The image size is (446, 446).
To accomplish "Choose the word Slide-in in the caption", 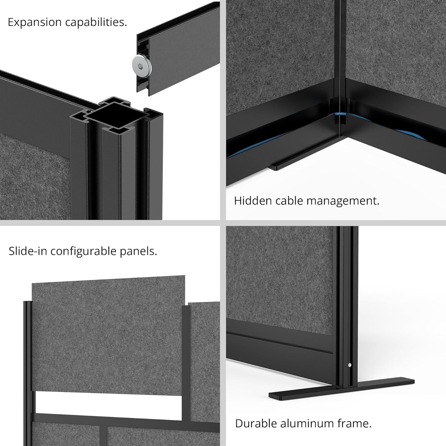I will click(x=28, y=251).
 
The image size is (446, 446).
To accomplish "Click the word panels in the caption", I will click(x=142, y=251).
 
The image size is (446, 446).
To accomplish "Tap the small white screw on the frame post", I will click(x=349, y=365).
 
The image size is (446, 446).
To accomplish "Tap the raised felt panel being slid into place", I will click(x=108, y=333).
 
